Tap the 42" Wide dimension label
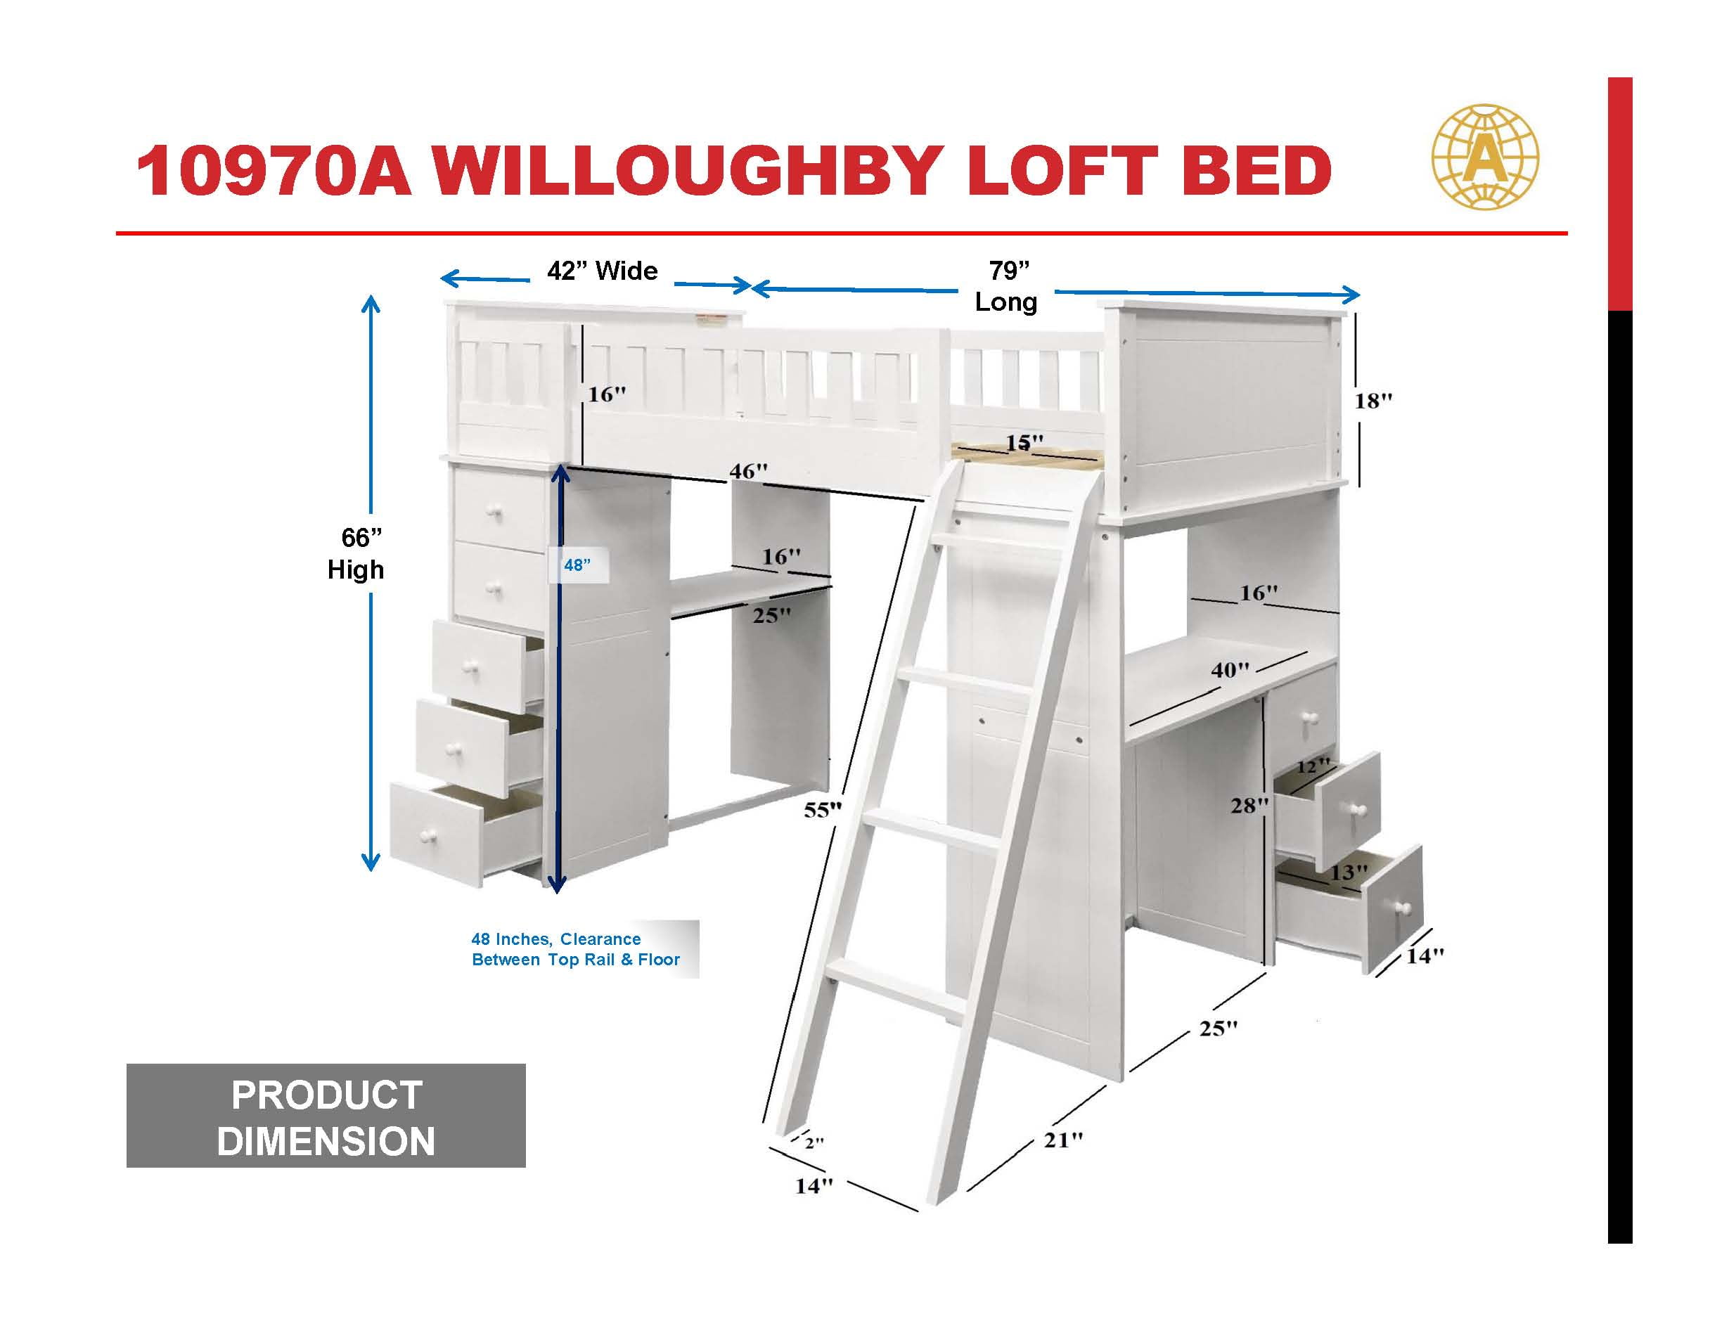coord(602,271)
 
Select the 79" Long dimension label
coord(1007,286)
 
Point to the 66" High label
coord(356,553)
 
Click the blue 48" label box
coord(578,565)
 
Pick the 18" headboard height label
coord(1374,401)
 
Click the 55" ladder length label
coord(823,810)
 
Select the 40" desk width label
coord(1230,670)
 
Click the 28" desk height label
coord(1249,805)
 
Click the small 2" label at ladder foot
coord(814,1142)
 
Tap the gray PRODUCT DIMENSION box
coord(326,1116)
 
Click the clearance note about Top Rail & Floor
coord(575,949)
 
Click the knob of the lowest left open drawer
coord(427,837)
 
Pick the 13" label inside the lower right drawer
coord(1349,872)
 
